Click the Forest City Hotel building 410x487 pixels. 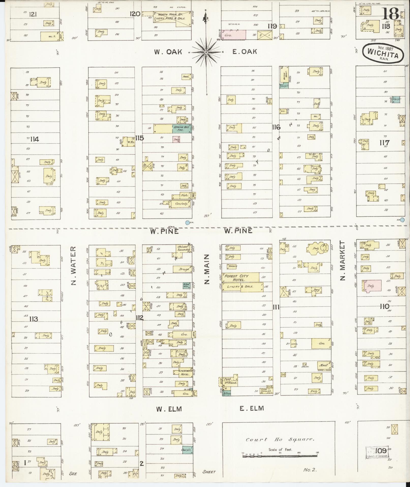tap(240, 277)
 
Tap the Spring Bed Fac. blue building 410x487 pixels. tap(181, 129)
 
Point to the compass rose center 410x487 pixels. tap(206, 52)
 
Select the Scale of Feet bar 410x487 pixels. tap(280, 456)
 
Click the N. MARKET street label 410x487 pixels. tap(343, 261)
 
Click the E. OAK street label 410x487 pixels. tap(244, 52)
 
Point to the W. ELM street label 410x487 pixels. tap(169, 409)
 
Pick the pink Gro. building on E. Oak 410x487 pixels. tap(234, 35)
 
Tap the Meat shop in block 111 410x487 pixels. tap(324, 365)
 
